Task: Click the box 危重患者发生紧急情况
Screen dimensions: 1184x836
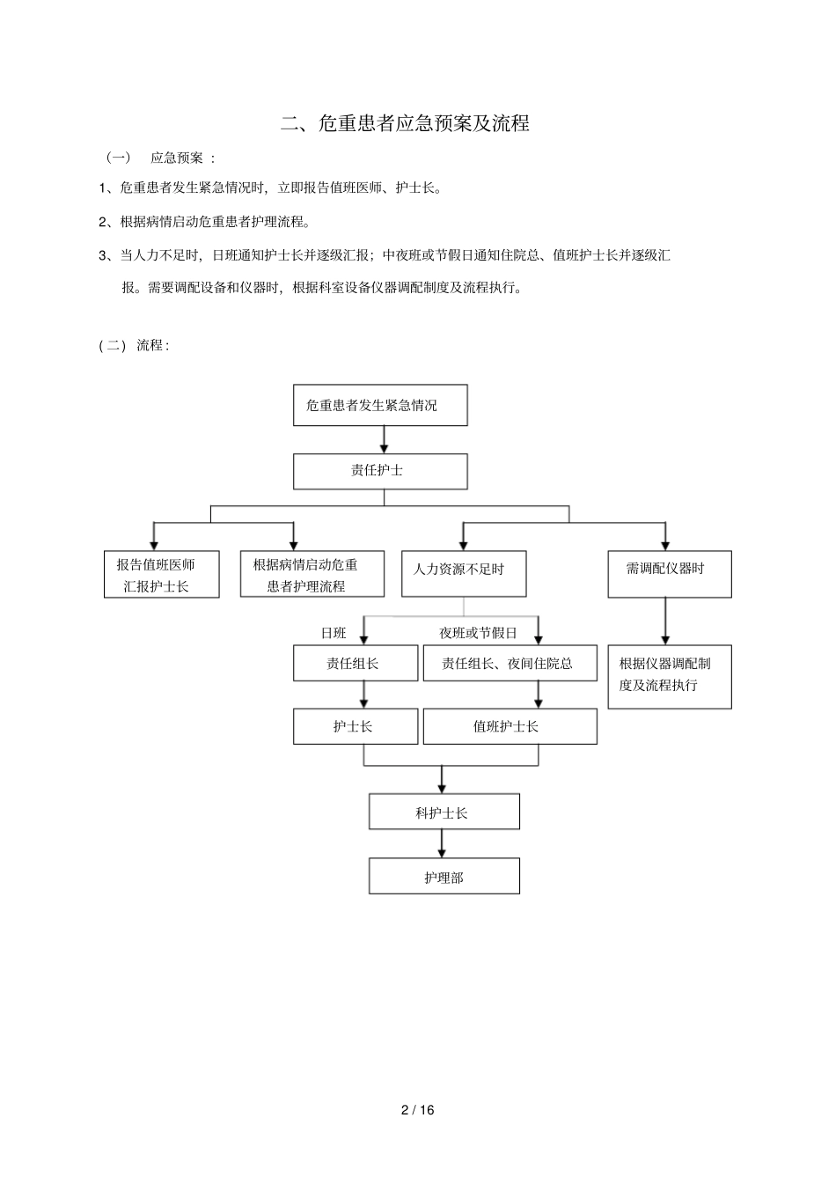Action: (x=380, y=405)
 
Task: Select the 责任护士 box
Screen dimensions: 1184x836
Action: (x=380, y=471)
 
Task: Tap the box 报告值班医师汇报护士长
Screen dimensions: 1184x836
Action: (x=161, y=575)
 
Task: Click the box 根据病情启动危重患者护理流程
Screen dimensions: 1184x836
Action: (x=312, y=575)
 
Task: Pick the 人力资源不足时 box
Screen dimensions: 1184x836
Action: (x=464, y=574)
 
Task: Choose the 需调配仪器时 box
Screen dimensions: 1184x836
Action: (x=669, y=574)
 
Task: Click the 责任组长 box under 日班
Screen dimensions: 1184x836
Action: (x=356, y=663)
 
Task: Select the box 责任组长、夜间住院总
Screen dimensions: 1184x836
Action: (x=510, y=663)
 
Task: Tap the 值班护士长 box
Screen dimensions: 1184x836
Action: (x=510, y=726)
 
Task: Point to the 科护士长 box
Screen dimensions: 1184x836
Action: (x=444, y=812)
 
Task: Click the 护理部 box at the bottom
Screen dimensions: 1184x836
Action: (x=444, y=877)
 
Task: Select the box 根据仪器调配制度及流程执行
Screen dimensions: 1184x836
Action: (x=669, y=676)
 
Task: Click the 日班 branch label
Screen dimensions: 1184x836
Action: (x=334, y=632)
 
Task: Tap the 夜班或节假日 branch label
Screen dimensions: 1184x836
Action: (x=478, y=632)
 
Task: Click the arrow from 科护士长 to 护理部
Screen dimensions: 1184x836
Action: (x=442, y=843)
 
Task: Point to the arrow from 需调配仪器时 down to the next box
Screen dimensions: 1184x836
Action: (x=665, y=621)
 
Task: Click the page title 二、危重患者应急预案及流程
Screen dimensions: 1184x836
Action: (x=405, y=123)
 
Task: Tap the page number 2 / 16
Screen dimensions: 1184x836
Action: (x=418, y=1110)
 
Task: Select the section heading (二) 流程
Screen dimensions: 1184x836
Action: (x=134, y=345)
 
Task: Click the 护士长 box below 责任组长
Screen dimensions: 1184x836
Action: (x=356, y=726)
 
